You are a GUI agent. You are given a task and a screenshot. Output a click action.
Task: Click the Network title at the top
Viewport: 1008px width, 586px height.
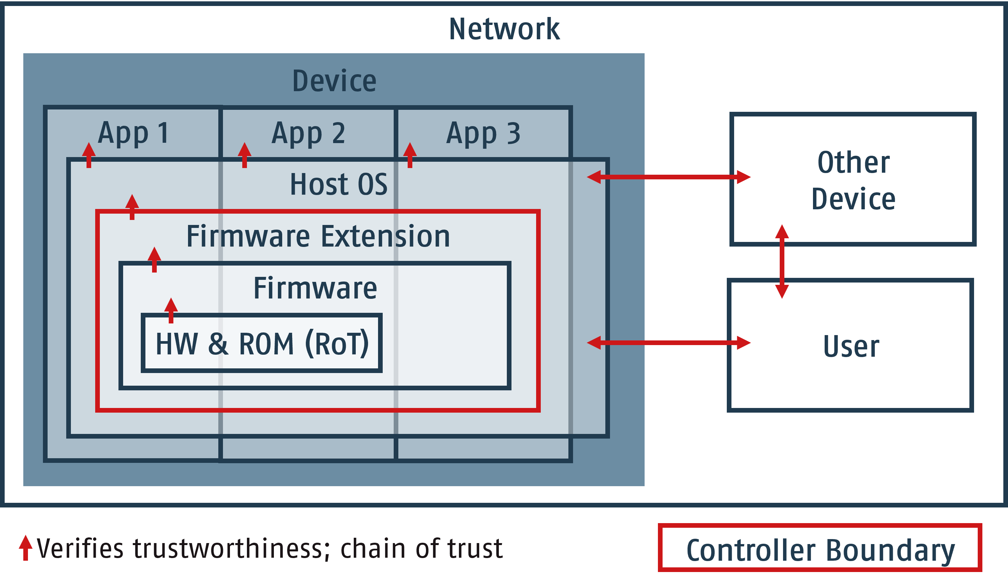pyautogui.click(x=504, y=29)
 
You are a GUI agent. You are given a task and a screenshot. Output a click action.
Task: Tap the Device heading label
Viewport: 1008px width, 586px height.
pyautogui.click(x=334, y=81)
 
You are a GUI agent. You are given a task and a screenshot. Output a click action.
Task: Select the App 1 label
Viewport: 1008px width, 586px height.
pyautogui.click(x=133, y=133)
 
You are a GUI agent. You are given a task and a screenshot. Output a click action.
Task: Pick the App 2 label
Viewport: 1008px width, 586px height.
pyautogui.click(x=308, y=133)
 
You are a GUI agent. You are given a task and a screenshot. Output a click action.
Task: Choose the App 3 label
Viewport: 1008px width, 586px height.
pyautogui.click(x=483, y=133)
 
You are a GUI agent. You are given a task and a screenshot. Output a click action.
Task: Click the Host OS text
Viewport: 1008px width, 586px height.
pyautogui.click(x=338, y=184)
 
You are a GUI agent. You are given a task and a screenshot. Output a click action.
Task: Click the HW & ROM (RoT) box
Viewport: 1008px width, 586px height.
pyautogui.click(x=262, y=343)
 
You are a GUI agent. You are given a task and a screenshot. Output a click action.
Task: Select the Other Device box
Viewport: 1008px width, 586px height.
pyautogui.click(x=853, y=180)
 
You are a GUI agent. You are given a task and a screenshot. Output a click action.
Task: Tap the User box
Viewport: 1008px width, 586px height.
pyautogui.click(x=850, y=346)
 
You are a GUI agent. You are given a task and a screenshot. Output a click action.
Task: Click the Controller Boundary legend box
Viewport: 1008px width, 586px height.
pyautogui.click(x=820, y=550)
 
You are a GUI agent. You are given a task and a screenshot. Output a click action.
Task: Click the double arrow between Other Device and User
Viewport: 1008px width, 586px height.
pyautogui.click(x=782, y=262)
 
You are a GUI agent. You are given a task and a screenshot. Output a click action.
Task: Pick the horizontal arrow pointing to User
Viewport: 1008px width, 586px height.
pyautogui.click(x=668, y=343)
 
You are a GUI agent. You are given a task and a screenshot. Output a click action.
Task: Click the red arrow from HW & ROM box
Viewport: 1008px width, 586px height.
pyautogui.click(x=171, y=310)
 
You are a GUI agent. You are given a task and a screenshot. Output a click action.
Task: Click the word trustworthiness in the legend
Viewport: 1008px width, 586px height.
pyautogui.click(x=227, y=548)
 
